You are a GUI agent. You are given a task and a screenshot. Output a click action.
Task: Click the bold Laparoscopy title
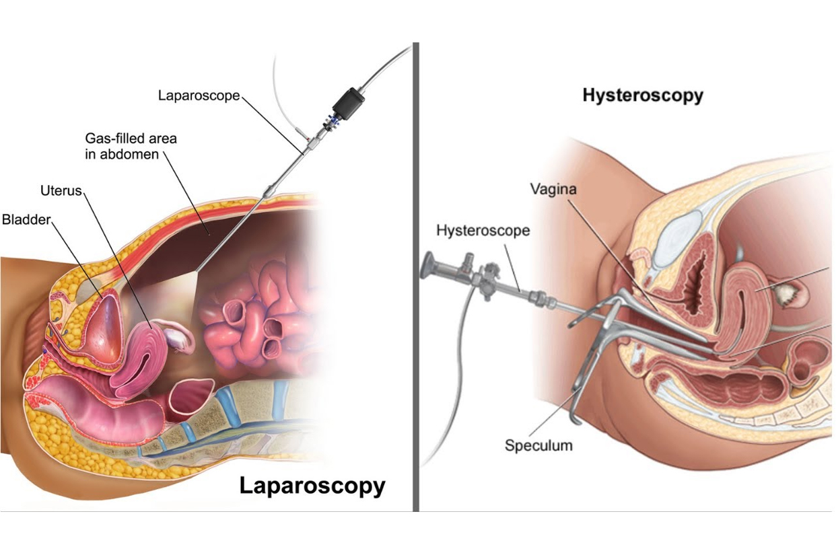[x=312, y=486]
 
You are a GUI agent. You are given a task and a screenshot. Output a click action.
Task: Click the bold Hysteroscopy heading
[x=643, y=96]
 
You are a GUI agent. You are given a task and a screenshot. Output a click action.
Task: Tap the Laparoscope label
[x=199, y=96]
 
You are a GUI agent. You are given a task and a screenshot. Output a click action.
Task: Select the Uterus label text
[x=61, y=190]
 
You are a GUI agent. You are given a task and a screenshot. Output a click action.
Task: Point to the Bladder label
[x=26, y=219]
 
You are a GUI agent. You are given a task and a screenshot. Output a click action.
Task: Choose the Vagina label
[x=553, y=190]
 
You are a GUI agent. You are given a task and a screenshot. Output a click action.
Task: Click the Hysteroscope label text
[x=483, y=231]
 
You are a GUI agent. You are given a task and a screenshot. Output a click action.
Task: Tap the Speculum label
[x=538, y=445]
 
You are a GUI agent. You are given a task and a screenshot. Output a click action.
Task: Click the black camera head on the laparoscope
[x=349, y=104]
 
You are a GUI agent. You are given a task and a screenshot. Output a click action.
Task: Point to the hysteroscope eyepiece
[x=427, y=265]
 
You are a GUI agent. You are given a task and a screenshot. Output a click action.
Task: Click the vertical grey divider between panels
[x=416, y=276]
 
